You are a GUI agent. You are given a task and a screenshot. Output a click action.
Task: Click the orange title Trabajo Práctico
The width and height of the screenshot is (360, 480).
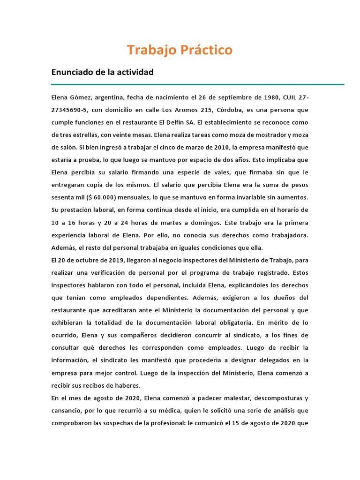point(180,50)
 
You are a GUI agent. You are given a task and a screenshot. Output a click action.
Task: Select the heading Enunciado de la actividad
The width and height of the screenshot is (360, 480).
point(102,72)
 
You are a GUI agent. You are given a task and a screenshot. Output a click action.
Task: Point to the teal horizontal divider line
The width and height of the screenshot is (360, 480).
point(197,84)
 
